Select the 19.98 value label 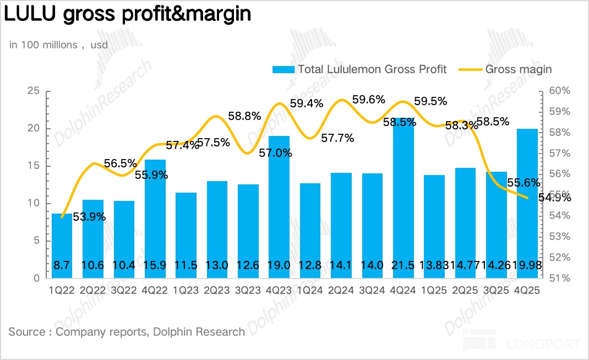tap(528, 265)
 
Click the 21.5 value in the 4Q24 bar tap(403, 265)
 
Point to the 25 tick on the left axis tap(34, 91)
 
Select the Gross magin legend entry tap(518, 69)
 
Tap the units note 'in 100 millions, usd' tap(58, 45)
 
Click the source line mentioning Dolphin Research tap(127, 331)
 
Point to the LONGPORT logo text tap(543, 345)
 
